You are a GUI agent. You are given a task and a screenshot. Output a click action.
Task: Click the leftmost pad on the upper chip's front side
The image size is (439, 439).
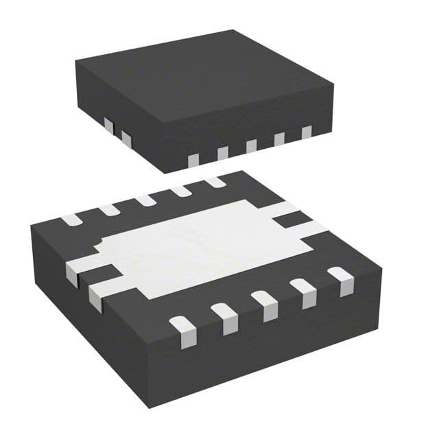click(193, 159)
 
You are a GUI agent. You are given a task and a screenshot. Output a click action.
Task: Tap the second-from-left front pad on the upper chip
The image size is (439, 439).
click(222, 152)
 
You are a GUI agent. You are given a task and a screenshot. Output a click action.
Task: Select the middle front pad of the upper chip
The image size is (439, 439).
click(251, 145)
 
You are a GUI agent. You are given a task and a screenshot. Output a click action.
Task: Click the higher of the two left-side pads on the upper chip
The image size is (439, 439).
click(108, 125)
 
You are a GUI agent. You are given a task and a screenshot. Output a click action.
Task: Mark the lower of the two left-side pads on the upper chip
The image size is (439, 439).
click(126, 139)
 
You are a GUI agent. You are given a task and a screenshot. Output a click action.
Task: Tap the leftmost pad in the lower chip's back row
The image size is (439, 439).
click(71, 220)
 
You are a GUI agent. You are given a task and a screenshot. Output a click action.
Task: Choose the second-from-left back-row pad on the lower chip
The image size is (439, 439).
click(108, 210)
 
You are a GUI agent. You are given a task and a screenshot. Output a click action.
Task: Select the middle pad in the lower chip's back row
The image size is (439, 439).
click(145, 200)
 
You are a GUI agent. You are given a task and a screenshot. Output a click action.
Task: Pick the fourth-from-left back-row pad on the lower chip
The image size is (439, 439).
click(180, 191)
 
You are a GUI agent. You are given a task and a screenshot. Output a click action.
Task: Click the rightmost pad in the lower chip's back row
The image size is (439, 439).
click(215, 182)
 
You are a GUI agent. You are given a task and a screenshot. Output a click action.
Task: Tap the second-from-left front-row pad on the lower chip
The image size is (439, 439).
click(224, 316)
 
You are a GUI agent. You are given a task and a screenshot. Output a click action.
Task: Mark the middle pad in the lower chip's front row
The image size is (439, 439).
click(264, 303)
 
